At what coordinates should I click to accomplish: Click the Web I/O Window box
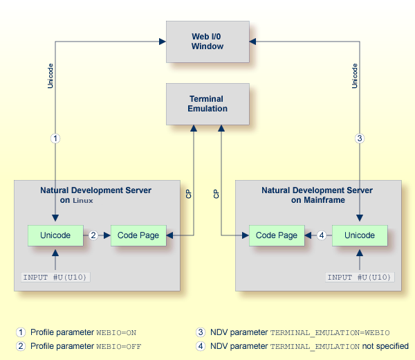coord(207,41)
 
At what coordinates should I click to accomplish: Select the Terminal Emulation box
coord(207,104)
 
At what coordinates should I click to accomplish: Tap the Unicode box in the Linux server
coord(55,235)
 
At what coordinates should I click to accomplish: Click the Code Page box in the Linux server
coord(138,235)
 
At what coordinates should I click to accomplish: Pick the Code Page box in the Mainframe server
coord(277,235)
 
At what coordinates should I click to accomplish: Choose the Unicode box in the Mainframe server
coord(360,235)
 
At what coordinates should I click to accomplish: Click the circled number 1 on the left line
coord(55,138)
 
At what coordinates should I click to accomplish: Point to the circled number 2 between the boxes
coord(93,235)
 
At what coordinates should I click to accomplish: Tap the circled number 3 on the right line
coord(360,138)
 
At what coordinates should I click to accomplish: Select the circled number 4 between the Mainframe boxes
coord(321,235)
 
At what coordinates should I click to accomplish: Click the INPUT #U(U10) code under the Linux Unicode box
coord(56,278)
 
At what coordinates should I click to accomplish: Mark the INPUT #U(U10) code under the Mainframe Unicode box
coord(360,278)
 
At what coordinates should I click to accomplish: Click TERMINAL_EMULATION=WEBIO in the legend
coord(329,332)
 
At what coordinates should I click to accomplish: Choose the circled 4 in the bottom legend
coord(201,346)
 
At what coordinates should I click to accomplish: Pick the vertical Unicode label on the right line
coord(355,76)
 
